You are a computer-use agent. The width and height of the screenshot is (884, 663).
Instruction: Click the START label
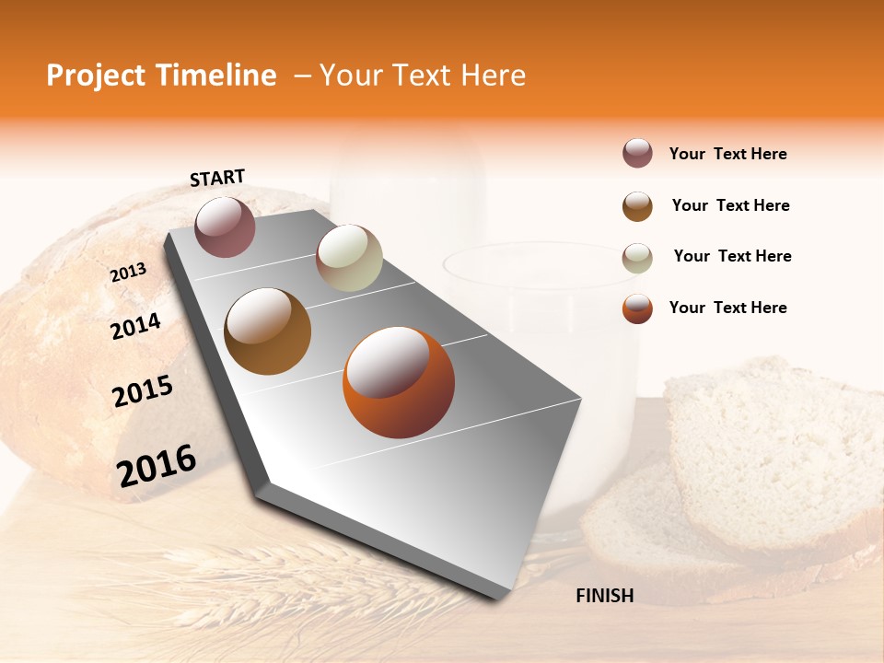click(x=217, y=178)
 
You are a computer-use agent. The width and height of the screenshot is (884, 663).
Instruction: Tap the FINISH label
click(x=604, y=596)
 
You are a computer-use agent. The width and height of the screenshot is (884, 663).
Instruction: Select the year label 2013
click(x=128, y=272)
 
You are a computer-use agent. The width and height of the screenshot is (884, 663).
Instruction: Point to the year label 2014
click(x=135, y=326)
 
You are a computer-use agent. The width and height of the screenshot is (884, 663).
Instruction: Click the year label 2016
click(x=157, y=465)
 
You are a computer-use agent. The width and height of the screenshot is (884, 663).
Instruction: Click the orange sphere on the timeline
click(x=399, y=382)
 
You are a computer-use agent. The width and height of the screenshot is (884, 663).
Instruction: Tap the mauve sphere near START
click(x=225, y=227)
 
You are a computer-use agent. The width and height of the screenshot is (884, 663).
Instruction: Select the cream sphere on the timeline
click(x=349, y=258)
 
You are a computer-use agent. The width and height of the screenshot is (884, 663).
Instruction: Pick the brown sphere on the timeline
click(x=267, y=331)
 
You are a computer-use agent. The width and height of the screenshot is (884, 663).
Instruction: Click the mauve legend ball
click(x=637, y=154)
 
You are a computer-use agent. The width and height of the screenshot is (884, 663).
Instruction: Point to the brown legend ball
click(x=637, y=206)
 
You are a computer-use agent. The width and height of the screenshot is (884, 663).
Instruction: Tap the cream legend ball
click(x=637, y=257)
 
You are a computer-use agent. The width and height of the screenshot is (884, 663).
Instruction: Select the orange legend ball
click(x=637, y=308)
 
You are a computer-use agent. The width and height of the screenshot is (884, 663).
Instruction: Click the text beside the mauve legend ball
click(x=727, y=154)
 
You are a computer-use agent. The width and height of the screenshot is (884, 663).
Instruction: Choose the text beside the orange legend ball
click(x=727, y=308)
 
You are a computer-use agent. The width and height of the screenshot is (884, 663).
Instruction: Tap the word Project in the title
click(x=96, y=76)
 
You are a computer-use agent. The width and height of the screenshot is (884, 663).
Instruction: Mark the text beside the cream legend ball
click(x=732, y=256)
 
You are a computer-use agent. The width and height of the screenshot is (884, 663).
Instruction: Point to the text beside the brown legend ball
click(x=730, y=205)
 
